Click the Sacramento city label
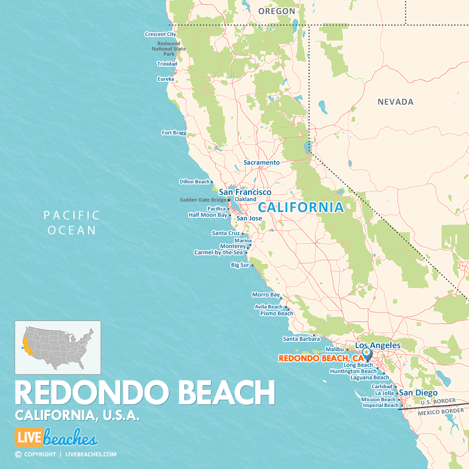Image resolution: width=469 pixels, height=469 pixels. pos(262,163)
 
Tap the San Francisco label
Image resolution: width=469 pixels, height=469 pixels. pos(245,192)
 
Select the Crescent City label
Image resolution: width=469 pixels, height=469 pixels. pos(161,34)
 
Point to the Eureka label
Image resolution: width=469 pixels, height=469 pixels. pos(165,79)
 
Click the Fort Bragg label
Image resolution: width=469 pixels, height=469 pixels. pos(174,133)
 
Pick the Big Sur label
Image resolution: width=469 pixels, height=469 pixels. pos(240,265)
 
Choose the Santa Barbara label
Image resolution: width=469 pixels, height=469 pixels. pos(301,339)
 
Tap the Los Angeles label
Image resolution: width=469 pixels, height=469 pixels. pos(378,345)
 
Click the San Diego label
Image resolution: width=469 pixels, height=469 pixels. pos(418,393)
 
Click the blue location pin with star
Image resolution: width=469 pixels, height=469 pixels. pos(368,353)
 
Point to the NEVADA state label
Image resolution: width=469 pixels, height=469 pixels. pos(396,102)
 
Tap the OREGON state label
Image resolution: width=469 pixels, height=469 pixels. pos(277,11)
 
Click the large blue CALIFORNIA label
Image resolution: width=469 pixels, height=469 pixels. pos(301,207)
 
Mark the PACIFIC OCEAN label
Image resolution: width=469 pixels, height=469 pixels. pos(72,223)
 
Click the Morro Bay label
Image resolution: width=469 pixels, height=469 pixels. pos(266,295)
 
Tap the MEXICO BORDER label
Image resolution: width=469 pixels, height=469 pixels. pos(440,411)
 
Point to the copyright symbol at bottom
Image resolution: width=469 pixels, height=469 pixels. pos(18,454)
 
